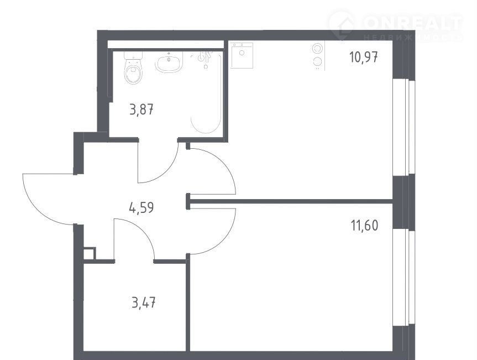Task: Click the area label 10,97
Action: click(364, 57)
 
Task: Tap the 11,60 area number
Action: click(364, 226)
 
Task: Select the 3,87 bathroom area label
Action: click(141, 109)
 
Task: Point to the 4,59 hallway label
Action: click(141, 208)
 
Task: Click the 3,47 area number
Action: click(144, 303)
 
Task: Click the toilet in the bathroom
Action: click(133, 67)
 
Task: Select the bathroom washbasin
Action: click(169, 62)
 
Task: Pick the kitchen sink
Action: click(242, 55)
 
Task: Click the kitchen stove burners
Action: click(317, 55)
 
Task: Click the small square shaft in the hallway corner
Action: click(89, 254)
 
